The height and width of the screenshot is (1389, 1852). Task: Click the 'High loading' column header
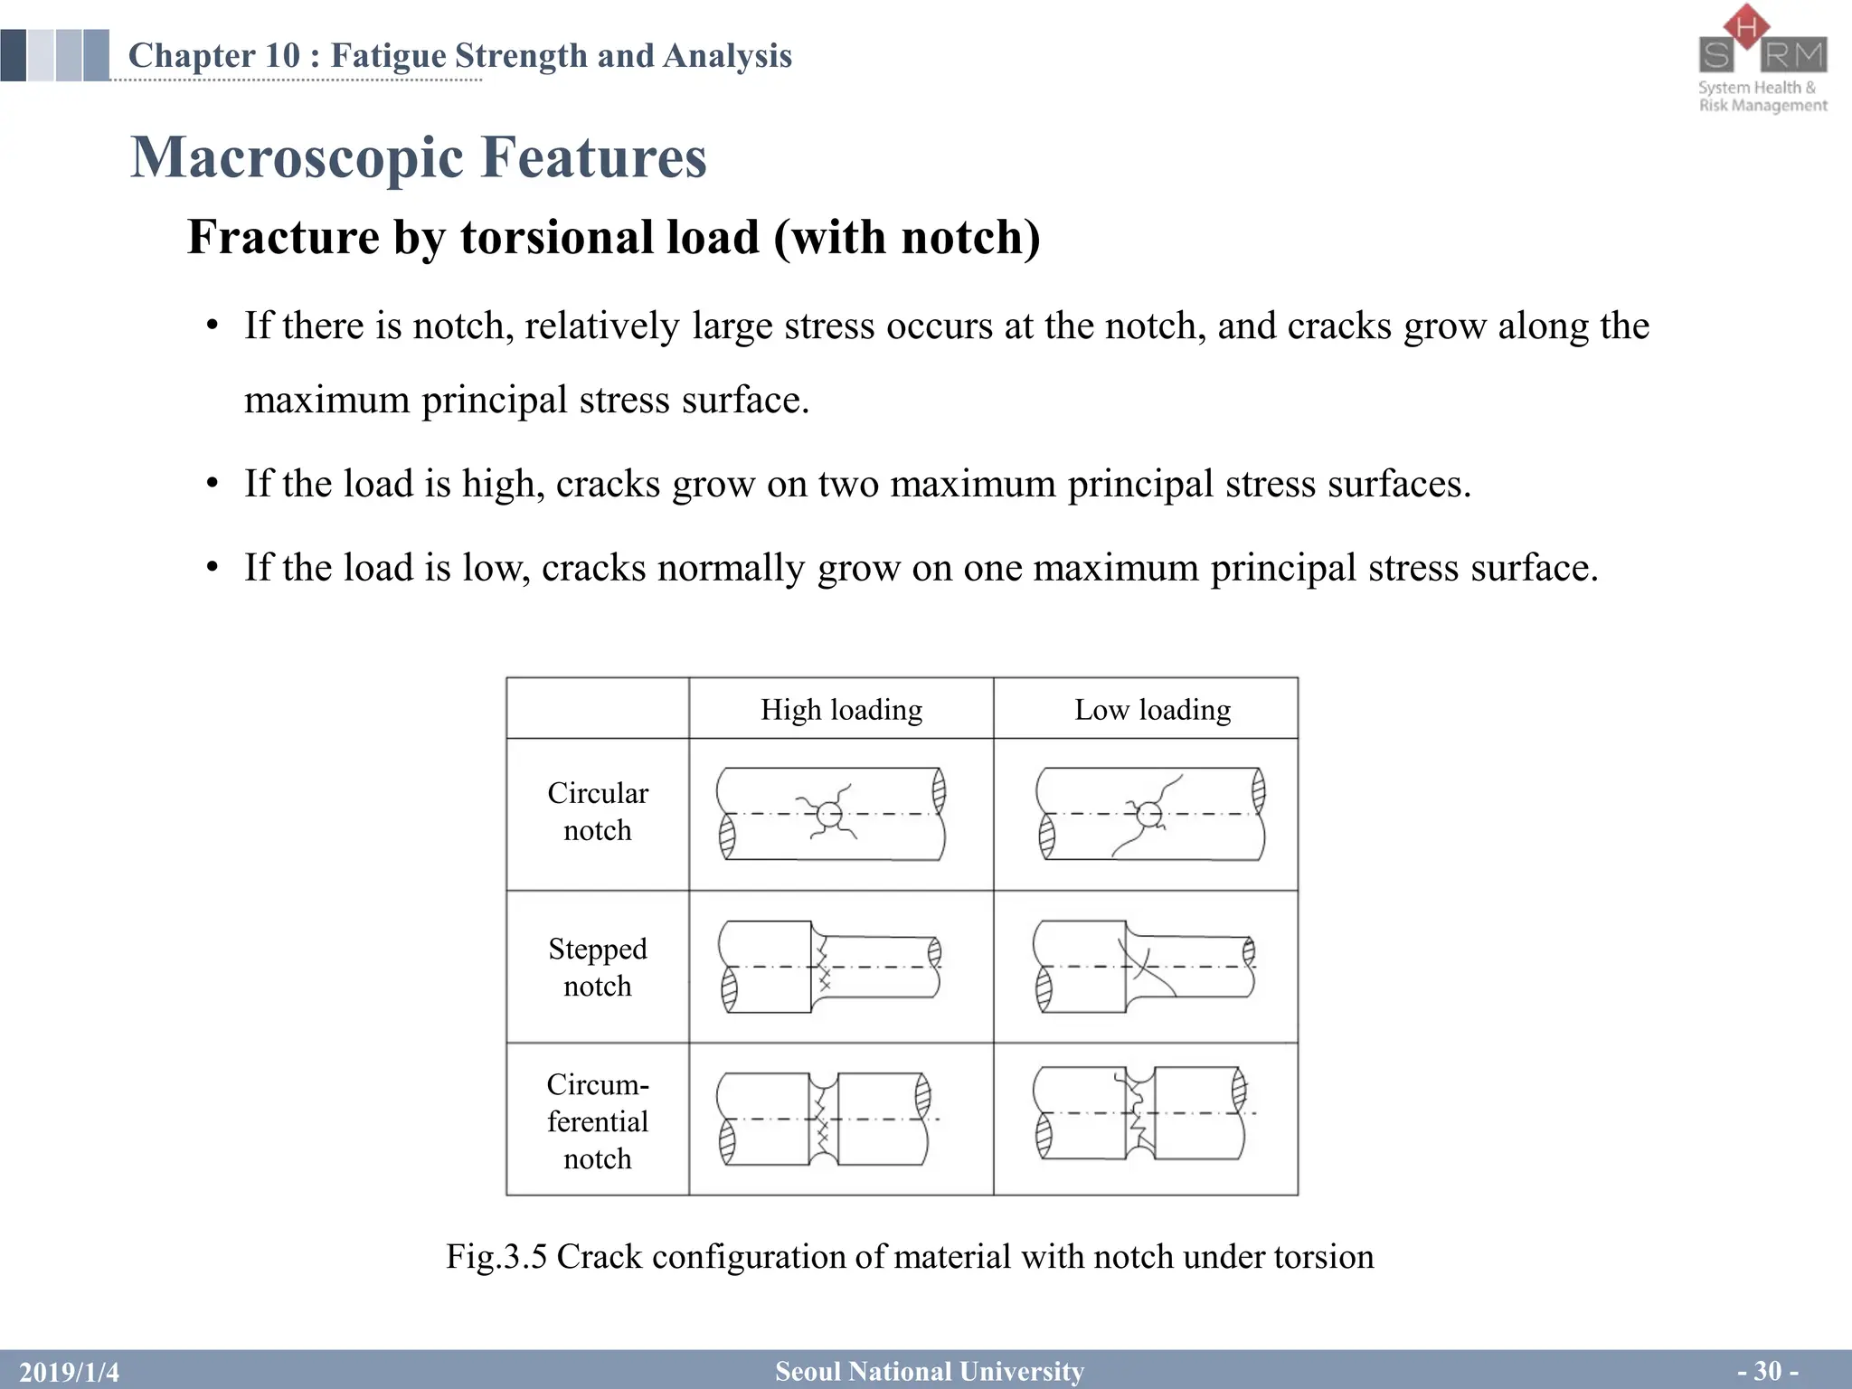pos(841,710)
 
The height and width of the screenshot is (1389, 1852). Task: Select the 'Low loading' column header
pos(1152,710)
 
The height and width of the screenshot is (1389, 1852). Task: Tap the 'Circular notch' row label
pos(598,811)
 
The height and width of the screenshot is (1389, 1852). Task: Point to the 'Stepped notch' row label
pos(598,967)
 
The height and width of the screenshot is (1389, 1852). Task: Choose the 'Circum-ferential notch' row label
pos(598,1121)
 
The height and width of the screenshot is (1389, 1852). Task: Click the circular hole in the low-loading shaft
pos(1149,815)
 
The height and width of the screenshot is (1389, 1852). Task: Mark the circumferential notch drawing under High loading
pos(824,1120)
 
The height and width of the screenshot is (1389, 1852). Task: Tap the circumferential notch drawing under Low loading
pos(1141,1114)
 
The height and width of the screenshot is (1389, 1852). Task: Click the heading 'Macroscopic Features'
pos(419,157)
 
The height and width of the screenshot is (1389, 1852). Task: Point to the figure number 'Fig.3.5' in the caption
pos(496,1257)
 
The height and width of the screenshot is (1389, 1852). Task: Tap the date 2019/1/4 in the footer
pos(70,1372)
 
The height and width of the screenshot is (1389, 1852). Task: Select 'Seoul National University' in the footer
pos(930,1372)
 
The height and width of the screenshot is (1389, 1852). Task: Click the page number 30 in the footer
pos(1767,1371)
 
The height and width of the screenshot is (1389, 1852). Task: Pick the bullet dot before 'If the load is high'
pos(213,484)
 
